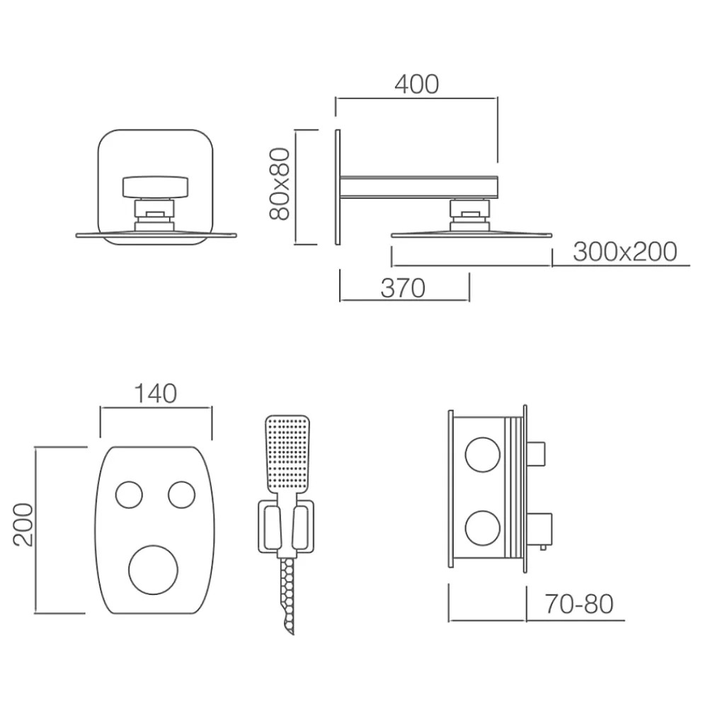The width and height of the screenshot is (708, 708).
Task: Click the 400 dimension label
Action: pos(416,84)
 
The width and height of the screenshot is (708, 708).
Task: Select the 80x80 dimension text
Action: pos(279,184)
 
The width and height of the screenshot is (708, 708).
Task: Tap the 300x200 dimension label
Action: pos(625,251)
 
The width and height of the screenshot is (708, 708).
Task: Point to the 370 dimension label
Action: pos(403,288)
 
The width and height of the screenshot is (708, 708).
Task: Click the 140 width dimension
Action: pos(155,393)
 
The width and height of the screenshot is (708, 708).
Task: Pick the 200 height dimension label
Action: pos(23,525)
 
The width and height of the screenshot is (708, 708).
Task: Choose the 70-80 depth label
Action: pos(579,604)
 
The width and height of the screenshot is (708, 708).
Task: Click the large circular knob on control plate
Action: pos(154,570)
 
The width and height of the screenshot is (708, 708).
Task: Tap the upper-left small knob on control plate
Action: pos(129,495)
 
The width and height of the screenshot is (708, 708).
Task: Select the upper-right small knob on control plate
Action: pos(181,495)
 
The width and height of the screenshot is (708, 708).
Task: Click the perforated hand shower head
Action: pos(287,454)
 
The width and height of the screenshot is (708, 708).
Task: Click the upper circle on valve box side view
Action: pos(483,455)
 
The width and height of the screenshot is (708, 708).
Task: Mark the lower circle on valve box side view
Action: pos(483,529)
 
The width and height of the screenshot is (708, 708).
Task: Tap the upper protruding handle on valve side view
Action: pos(536,455)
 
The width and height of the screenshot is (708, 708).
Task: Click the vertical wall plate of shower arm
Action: pos(337,188)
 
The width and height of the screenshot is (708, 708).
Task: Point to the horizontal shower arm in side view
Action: pos(418,187)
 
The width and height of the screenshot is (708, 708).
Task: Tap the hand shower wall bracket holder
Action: pos(286,527)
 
